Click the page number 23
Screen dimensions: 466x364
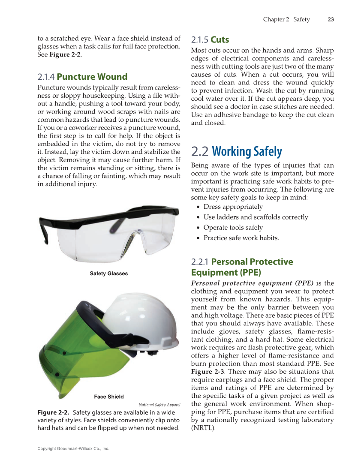331,19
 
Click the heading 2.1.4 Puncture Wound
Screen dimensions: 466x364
82,77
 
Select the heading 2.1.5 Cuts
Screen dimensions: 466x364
210,40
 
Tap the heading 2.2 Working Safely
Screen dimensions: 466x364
236,151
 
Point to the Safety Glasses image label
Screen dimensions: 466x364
108,274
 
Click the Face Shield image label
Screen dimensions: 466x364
109,397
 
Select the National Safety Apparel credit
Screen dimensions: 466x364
159,405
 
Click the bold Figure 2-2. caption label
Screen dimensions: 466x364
53,412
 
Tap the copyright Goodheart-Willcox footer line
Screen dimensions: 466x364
73,448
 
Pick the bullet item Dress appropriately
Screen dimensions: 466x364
233,207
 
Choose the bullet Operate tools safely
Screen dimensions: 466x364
233,228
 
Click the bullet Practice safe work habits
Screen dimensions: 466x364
241,238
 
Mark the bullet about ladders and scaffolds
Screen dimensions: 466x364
256,217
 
